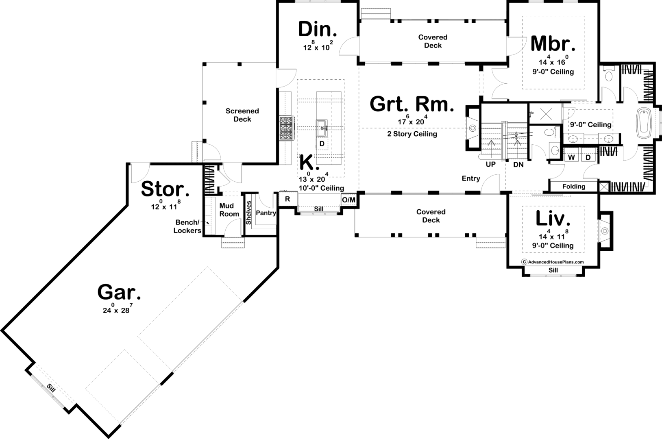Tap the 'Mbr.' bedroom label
[x=553, y=44]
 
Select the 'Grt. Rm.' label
[x=412, y=104]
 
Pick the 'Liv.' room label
[x=553, y=218]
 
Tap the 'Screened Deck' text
[x=242, y=115]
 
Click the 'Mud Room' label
[x=229, y=210]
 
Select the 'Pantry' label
[x=266, y=213]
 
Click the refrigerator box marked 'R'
[x=287, y=199]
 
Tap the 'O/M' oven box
[x=349, y=200]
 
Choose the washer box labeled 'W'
[x=571, y=157]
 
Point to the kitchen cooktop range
[x=287, y=128]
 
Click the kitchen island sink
[x=322, y=128]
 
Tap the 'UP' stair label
[x=490, y=164]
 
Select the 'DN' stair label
[x=518, y=165]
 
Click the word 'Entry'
[x=471, y=178]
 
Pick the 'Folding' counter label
[x=574, y=187]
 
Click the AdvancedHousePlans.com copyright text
[x=552, y=262]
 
